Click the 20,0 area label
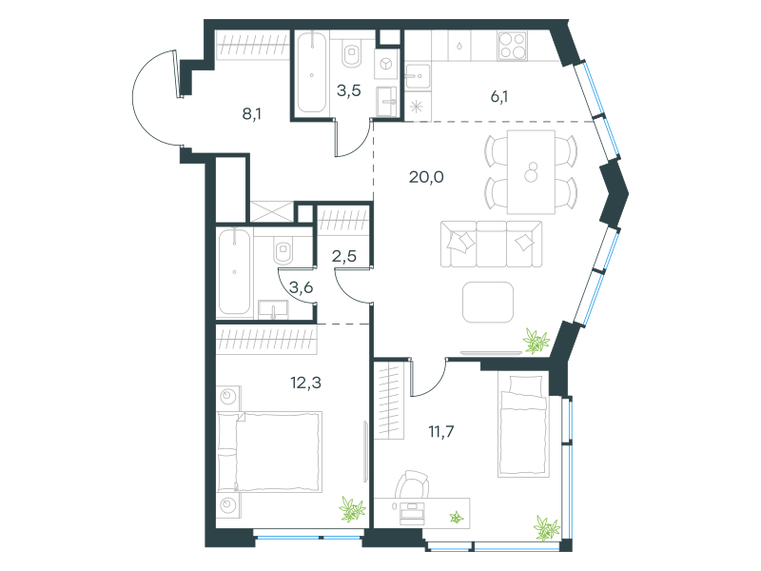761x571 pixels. [426, 177]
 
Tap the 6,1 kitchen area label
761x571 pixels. [499, 97]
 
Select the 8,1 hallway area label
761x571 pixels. [252, 114]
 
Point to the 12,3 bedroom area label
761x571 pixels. [305, 384]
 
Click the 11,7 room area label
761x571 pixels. [441, 431]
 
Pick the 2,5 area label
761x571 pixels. [344, 256]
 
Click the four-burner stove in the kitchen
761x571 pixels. [512, 45]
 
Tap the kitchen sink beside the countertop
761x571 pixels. [418, 76]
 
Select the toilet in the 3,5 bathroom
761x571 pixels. [352, 53]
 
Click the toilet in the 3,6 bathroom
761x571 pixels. [283, 250]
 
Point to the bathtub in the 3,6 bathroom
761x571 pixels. [234, 272]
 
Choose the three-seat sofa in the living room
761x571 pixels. [491, 244]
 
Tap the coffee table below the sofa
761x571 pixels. [488, 302]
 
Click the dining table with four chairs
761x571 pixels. [531, 172]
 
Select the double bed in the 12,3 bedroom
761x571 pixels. [269, 452]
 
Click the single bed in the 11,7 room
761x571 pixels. [523, 425]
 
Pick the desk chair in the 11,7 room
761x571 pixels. [412, 484]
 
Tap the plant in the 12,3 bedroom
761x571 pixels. [352, 509]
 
